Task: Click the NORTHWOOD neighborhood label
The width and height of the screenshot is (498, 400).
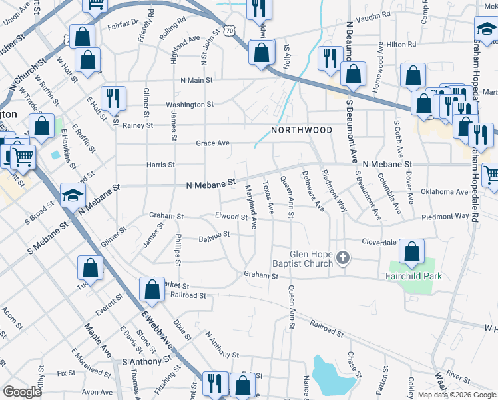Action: pos(302,130)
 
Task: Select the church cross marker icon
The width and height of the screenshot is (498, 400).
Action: pos(343,258)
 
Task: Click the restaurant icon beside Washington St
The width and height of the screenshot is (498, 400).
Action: pos(113,99)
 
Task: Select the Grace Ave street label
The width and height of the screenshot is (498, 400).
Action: pos(212,143)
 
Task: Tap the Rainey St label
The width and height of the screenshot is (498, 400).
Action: pos(138,125)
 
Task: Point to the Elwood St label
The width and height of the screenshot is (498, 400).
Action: pos(231,217)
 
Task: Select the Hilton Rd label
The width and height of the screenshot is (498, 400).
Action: pos(401,44)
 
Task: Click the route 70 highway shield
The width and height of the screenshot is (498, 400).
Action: pos(230,31)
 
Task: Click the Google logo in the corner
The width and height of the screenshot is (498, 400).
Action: pos(23,392)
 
